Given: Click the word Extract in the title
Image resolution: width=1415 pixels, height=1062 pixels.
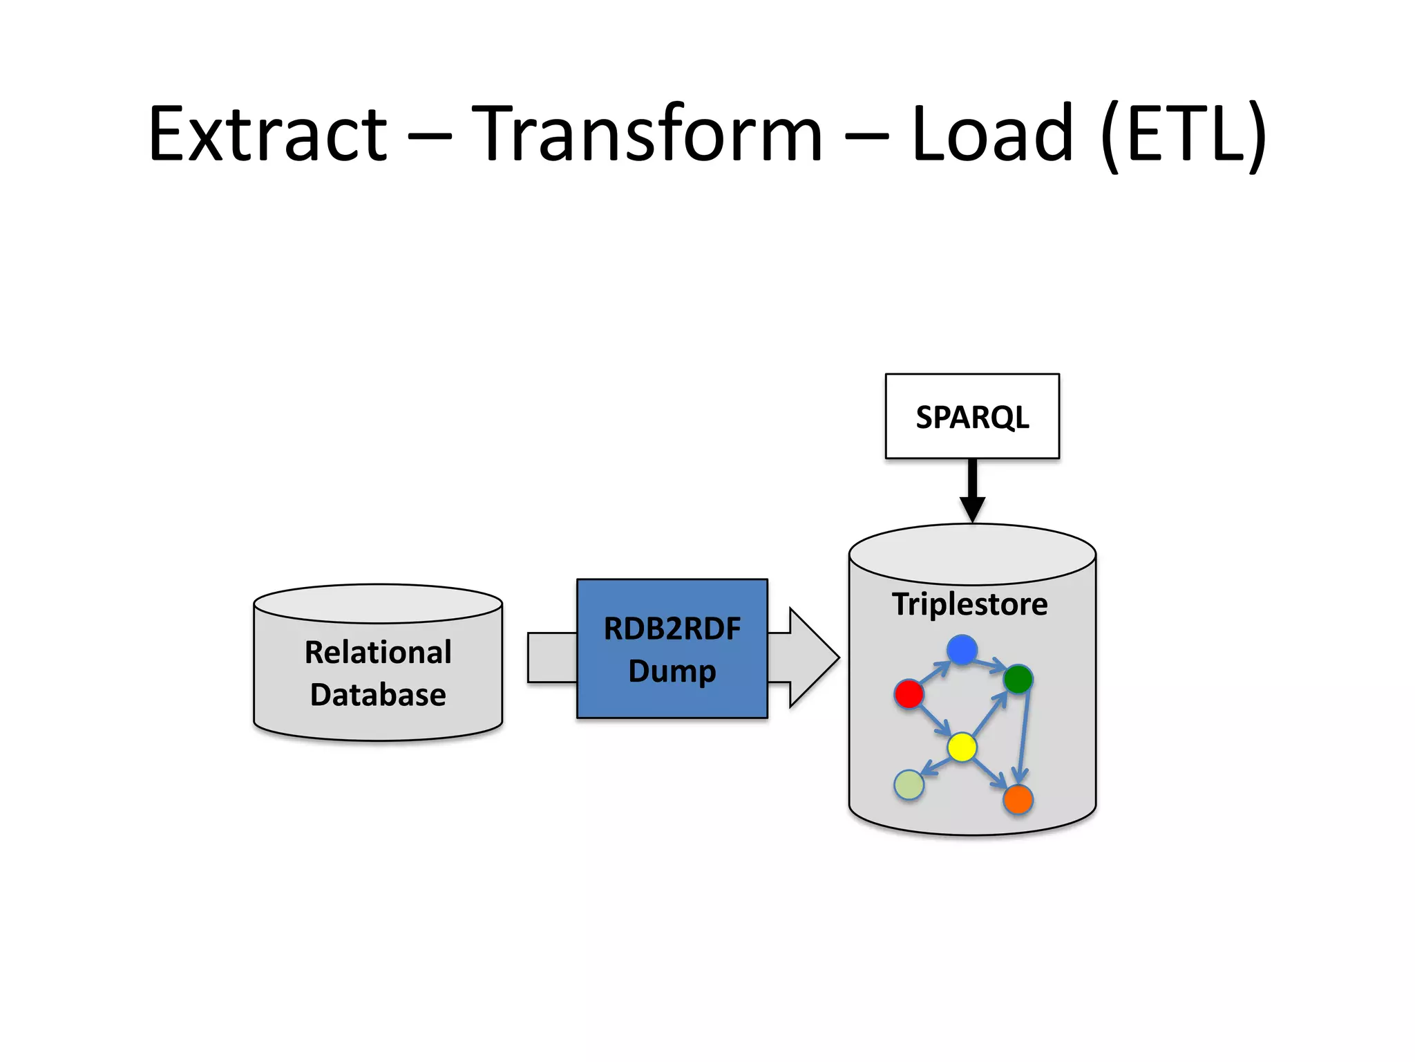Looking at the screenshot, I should coord(268,133).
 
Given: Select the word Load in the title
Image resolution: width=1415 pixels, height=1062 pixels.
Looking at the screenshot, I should coord(993,133).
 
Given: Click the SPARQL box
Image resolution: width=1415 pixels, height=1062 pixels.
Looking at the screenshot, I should coord(971,416).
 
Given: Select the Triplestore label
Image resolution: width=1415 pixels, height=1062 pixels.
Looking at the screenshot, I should coord(969,604).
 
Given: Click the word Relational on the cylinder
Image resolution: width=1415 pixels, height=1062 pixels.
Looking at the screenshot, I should coord(378,652).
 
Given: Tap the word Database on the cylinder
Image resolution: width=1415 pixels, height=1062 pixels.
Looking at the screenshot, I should coord(378,694).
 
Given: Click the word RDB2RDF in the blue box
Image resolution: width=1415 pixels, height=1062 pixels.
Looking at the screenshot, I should coord(672,628).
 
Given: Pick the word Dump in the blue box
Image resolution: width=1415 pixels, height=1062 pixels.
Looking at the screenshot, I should coord(672,671).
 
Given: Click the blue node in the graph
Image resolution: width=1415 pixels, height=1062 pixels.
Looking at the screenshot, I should coord(962,649).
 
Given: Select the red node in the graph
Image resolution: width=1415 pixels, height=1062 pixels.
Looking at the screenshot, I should coord(909,693).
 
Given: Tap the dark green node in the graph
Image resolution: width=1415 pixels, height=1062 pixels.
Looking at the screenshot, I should coord(1018,679).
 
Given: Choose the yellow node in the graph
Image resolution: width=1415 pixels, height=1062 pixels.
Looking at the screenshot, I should coord(962,747).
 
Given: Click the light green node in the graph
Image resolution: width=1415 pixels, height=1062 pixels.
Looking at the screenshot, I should coord(909,785).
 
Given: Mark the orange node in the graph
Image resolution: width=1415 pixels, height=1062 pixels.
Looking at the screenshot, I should coord(1018,799).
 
